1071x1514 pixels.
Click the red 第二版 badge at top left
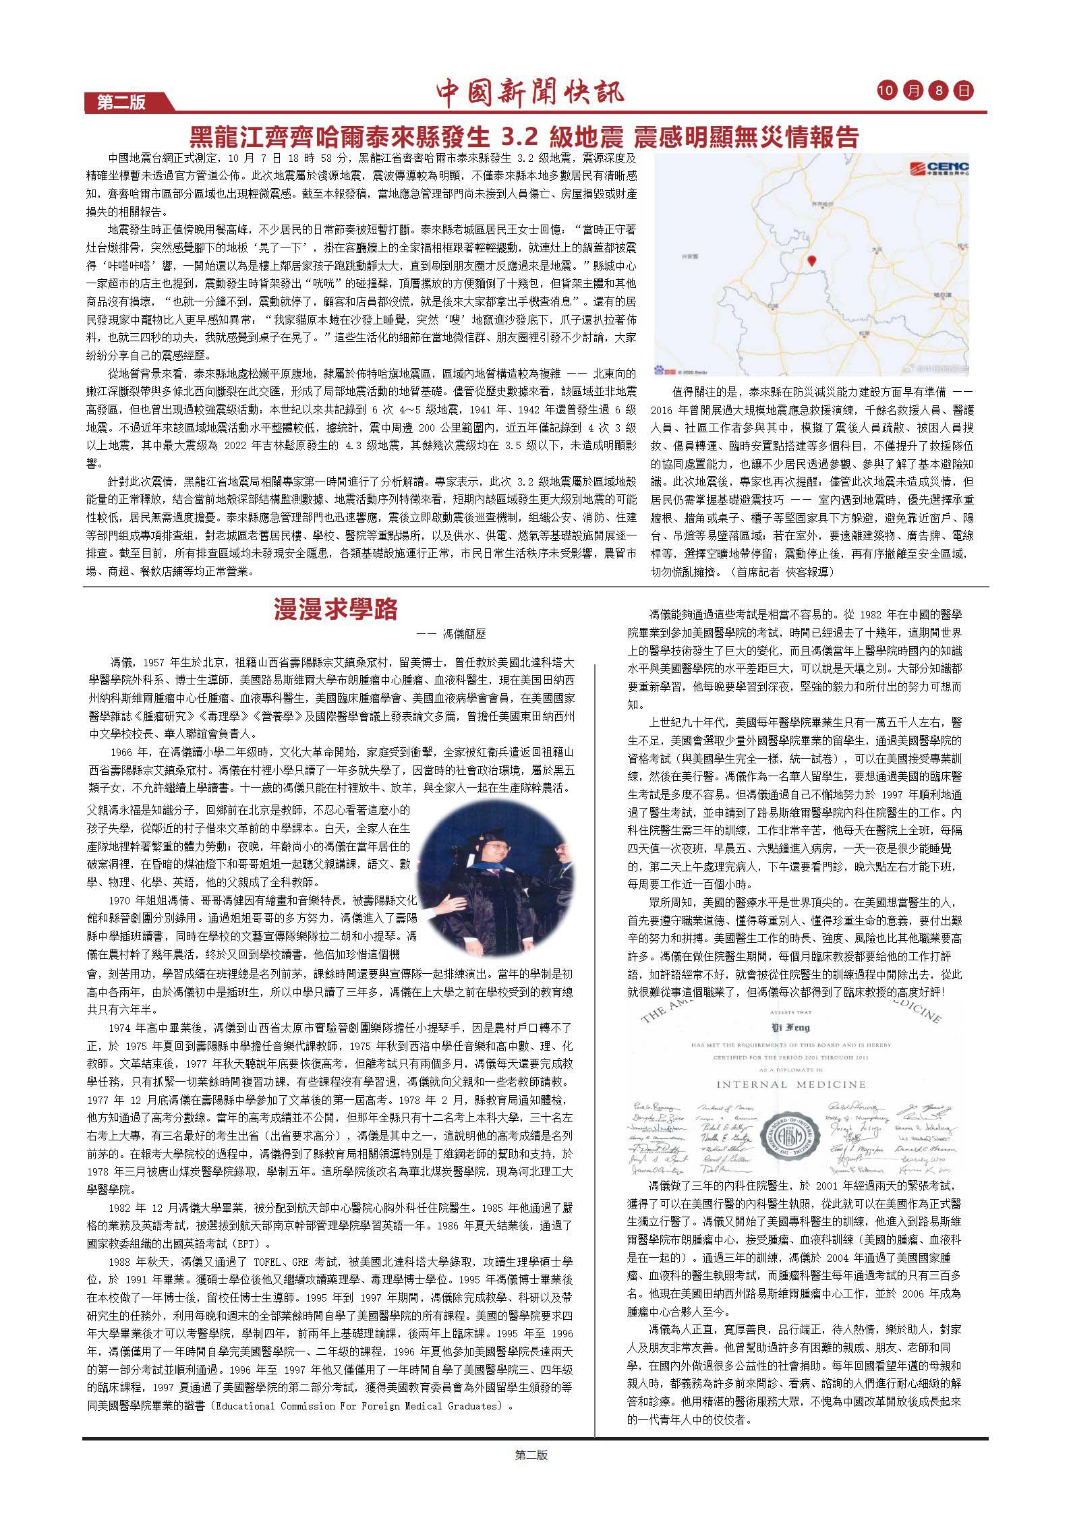pyautogui.click(x=122, y=103)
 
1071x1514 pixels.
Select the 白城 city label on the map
pyautogui.click(x=773, y=305)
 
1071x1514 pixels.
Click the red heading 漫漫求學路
pyautogui.click(x=335, y=609)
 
